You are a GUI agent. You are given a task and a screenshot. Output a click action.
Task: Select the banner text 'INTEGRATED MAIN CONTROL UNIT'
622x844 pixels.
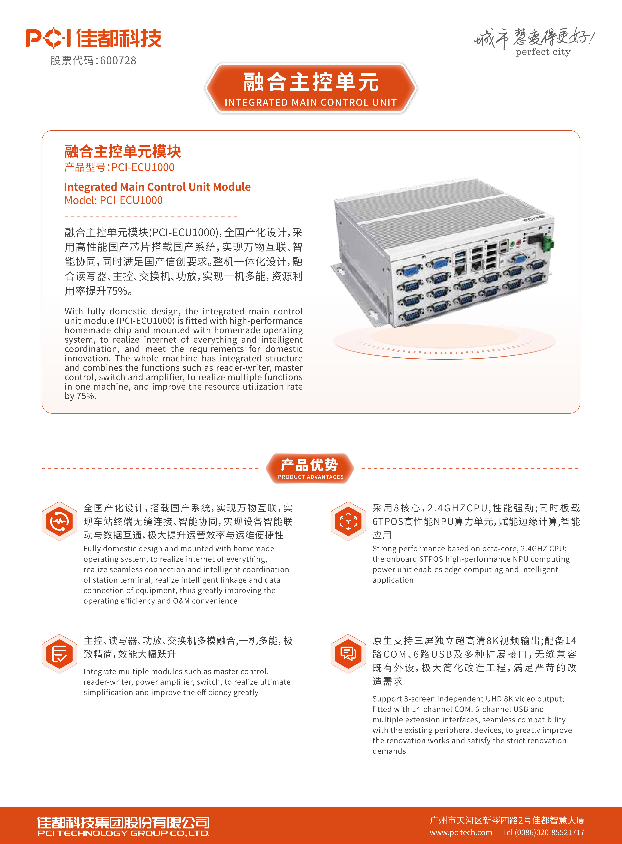coord(311,102)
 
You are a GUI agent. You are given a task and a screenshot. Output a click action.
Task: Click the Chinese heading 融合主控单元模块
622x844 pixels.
coord(122,152)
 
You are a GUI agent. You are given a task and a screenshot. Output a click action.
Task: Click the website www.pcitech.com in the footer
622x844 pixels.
coord(461,832)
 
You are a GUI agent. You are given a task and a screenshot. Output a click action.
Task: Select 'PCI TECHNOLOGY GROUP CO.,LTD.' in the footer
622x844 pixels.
coord(123,833)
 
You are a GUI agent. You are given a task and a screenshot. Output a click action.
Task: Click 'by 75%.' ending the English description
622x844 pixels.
coord(81,396)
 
